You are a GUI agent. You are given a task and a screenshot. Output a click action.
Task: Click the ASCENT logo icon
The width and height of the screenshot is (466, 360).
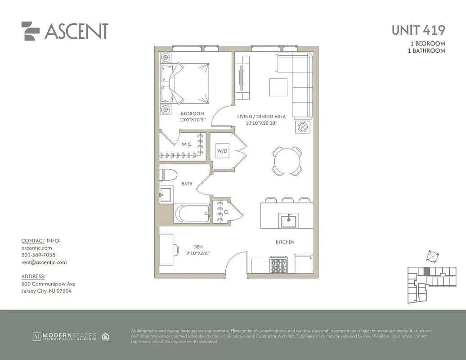[x=30, y=31]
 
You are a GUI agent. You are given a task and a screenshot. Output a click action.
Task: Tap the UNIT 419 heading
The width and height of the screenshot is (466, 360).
[x=418, y=30]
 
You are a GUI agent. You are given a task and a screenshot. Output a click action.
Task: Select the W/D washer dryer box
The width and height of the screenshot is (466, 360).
[x=222, y=151]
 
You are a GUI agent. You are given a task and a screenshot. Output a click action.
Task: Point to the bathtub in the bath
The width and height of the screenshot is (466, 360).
[x=192, y=214]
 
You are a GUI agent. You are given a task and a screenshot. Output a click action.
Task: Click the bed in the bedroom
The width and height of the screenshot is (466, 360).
[x=185, y=82]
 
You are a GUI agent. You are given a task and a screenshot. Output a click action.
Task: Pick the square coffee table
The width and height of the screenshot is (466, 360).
[x=278, y=87]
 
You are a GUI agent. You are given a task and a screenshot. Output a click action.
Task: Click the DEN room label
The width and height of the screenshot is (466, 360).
[x=198, y=247]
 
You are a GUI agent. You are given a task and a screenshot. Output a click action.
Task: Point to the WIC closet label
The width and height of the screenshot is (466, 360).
[x=187, y=144]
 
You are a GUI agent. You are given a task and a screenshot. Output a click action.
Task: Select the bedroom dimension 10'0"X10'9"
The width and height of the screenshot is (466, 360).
[x=193, y=120]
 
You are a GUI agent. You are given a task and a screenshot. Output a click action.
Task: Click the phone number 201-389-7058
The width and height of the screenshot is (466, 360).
[x=38, y=255]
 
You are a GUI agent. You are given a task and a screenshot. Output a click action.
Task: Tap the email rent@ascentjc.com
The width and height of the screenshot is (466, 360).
[x=44, y=262]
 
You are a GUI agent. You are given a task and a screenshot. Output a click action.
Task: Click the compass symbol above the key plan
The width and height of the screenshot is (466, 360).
[x=431, y=256]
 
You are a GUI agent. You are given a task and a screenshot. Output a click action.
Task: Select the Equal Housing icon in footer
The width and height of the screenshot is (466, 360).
[x=106, y=336]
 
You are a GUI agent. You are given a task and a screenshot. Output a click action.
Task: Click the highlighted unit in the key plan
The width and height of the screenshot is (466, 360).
[x=427, y=271]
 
